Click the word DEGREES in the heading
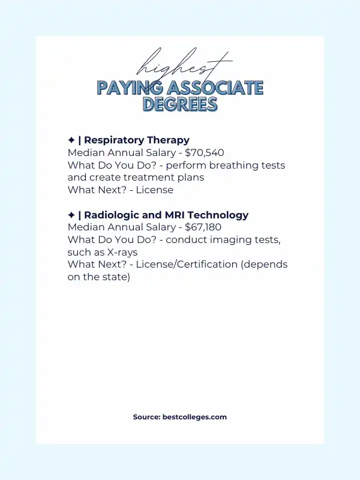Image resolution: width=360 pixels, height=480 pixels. [x=180, y=104]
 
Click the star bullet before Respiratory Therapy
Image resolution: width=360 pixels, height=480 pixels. [x=71, y=140]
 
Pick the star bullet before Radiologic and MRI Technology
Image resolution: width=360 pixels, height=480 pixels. [x=71, y=215]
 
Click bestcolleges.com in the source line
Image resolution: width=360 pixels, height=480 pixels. [x=194, y=417]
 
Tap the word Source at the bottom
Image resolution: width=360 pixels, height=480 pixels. [x=146, y=417]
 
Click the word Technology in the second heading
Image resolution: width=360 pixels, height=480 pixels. [x=218, y=215]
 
